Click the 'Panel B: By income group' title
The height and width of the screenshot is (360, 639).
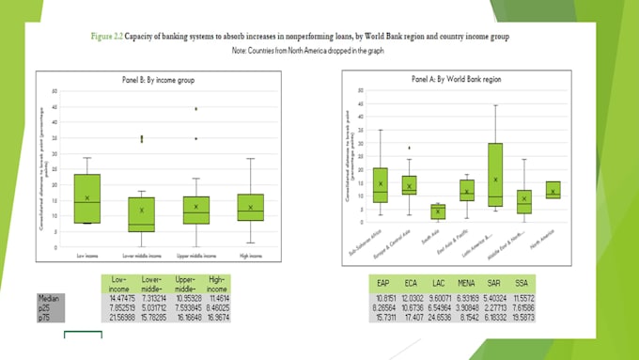[x=167, y=81]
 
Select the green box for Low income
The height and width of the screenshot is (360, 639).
[x=86, y=198]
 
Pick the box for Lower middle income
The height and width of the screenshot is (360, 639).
[x=142, y=213]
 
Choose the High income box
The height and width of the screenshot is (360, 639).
[x=251, y=207]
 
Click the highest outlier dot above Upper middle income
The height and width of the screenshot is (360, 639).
[x=196, y=109]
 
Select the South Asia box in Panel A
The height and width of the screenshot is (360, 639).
[x=438, y=211]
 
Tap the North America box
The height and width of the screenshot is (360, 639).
[x=553, y=189]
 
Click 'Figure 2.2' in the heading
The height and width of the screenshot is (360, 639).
[x=110, y=36]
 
